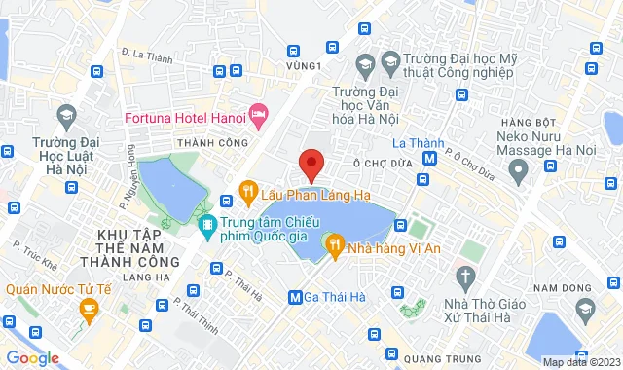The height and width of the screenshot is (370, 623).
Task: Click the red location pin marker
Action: click(311, 163)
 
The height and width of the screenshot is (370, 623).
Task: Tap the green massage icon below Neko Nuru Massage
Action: click(518, 171)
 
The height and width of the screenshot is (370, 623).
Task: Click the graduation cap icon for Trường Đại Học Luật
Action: click(67, 115)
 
